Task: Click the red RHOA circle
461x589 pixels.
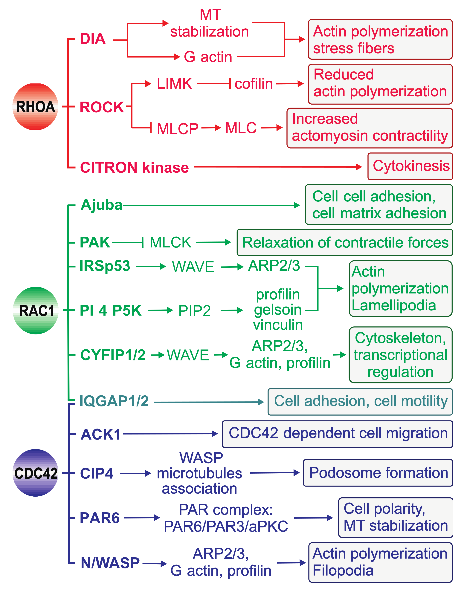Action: pos(35,107)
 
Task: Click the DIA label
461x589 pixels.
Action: pos(93,39)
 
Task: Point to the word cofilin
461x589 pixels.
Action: pos(254,84)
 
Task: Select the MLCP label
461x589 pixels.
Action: pos(178,129)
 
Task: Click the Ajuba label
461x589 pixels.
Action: pos(101,205)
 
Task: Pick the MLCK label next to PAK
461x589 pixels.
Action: pos(170,242)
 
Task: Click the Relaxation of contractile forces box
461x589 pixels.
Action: pos(345,242)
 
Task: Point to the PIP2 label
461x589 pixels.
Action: pos(194,311)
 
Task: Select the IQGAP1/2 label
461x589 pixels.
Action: pos(114,401)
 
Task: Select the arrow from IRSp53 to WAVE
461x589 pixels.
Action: pos(151,267)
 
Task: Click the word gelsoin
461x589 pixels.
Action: pos(278,310)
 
